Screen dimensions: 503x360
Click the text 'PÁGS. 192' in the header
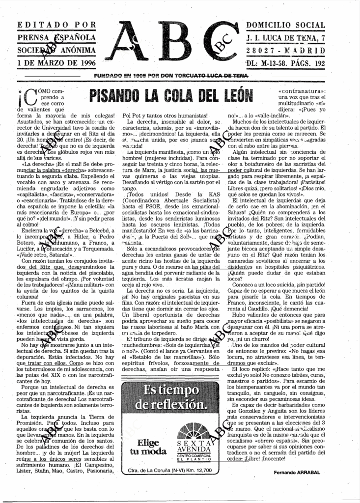(x=306, y=63)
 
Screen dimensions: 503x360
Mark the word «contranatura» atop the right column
(x=301, y=91)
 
